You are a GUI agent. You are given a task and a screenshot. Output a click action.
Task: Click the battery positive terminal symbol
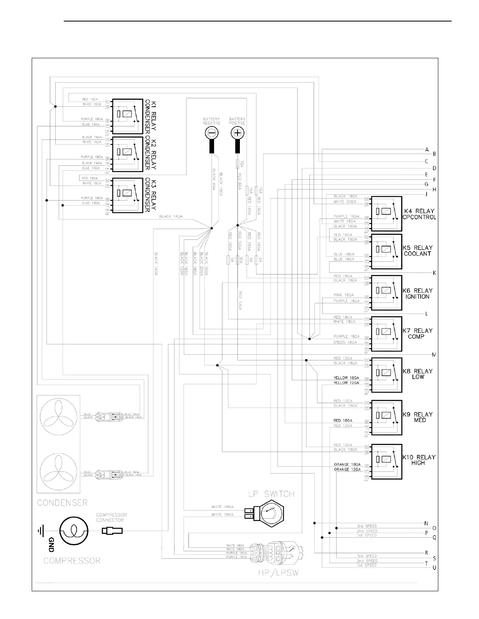(x=237, y=133)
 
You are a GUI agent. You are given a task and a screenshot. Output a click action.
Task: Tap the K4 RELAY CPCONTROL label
(x=419, y=214)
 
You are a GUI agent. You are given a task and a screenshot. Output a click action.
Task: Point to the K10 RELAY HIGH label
(x=418, y=460)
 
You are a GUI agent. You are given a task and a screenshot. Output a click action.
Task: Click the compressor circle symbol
(x=74, y=531)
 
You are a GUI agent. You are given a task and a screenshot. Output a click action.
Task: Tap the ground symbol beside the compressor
(x=40, y=531)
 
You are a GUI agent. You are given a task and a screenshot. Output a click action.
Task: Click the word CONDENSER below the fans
(x=62, y=503)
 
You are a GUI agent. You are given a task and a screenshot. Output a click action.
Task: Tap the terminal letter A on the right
(x=427, y=150)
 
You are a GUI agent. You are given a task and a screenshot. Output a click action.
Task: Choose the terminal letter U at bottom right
(x=434, y=568)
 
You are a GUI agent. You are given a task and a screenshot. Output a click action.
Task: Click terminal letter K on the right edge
(x=434, y=272)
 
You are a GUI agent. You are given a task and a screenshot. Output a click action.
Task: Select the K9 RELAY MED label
(x=418, y=417)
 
